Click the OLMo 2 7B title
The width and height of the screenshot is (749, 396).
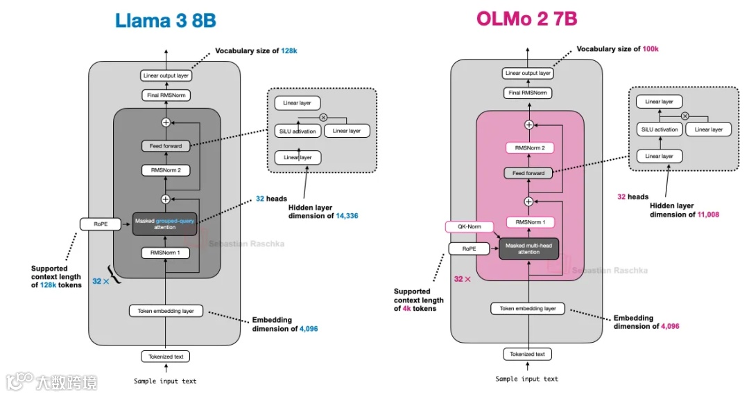tap(527, 19)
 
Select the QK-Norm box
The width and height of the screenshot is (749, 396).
tap(469, 227)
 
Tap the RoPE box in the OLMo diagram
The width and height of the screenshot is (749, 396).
tap(469, 249)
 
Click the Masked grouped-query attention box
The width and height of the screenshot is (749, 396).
tap(165, 224)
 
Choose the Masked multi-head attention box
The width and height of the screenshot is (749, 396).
tap(528, 249)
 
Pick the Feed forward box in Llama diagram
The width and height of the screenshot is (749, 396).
tap(165, 146)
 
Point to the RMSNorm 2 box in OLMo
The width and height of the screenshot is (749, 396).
tap(528, 148)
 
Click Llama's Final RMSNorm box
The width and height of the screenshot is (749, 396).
tap(165, 96)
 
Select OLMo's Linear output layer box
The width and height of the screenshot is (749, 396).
tap(528, 73)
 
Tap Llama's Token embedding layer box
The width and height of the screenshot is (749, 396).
tap(165, 311)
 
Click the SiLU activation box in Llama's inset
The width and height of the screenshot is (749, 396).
tap(298, 131)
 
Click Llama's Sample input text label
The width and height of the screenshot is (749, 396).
tap(165, 381)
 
